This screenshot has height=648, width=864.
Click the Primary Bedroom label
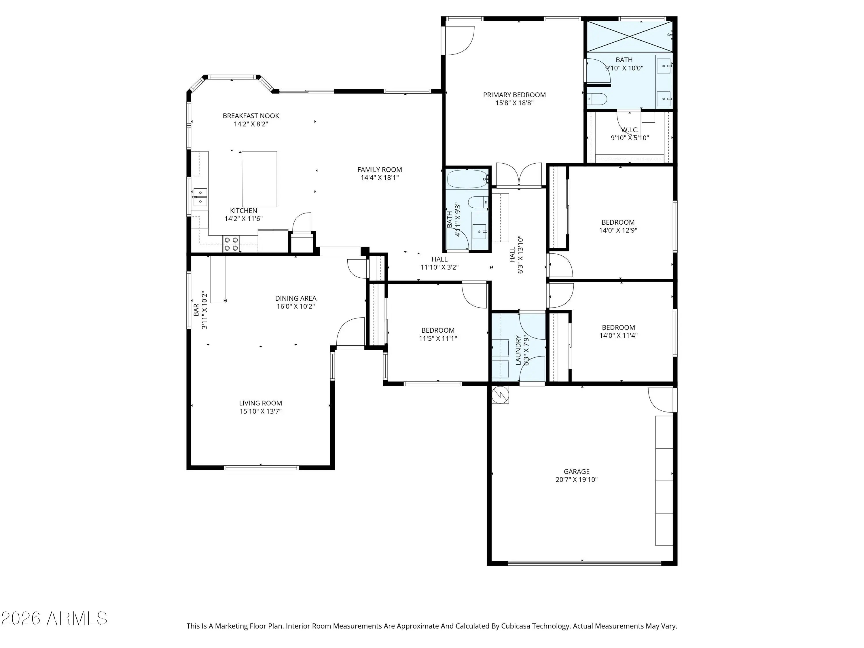tap(514, 95)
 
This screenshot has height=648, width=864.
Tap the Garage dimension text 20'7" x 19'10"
tap(577, 480)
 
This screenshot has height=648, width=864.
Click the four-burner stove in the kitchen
tap(231, 243)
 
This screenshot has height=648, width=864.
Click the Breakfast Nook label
tap(251, 116)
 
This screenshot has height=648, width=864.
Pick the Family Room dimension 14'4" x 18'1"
tap(380, 178)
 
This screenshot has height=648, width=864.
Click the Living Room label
tap(261, 403)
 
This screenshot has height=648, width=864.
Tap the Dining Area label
tap(296, 298)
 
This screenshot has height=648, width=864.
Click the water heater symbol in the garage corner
tap(500, 395)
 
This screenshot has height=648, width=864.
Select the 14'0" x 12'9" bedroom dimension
tap(618, 230)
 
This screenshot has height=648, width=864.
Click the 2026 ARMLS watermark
tap(54, 618)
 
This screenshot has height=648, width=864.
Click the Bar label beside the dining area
tap(196, 310)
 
